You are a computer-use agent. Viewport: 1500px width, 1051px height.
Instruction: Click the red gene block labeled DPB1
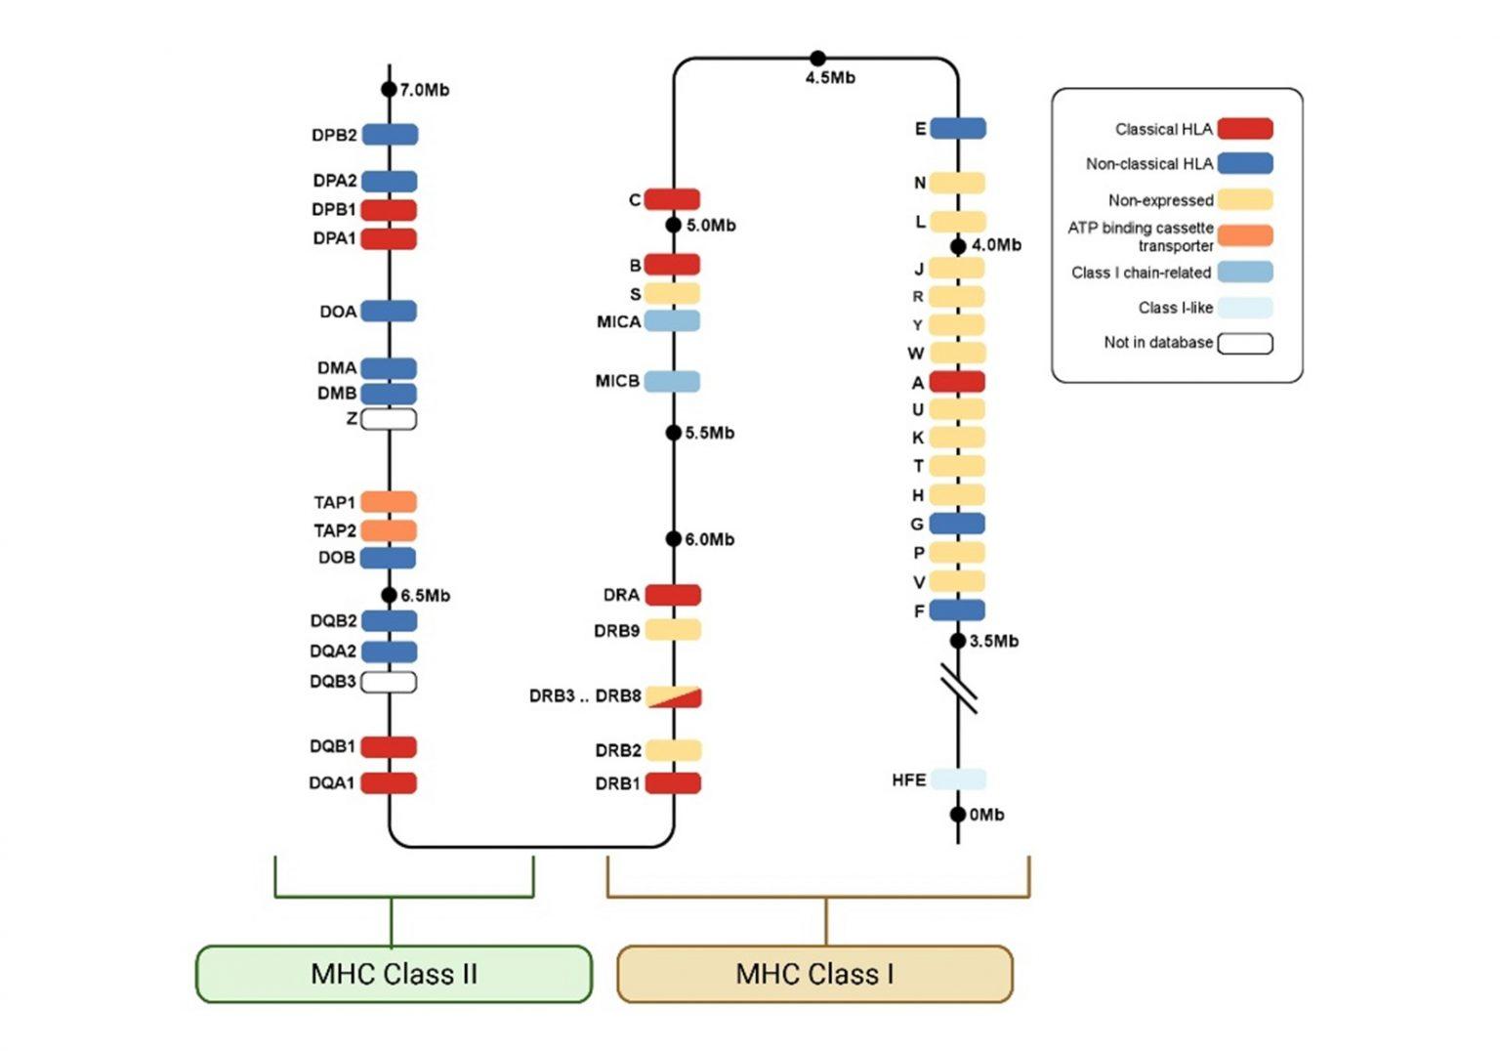click(389, 210)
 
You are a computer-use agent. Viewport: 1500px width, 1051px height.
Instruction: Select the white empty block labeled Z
click(389, 419)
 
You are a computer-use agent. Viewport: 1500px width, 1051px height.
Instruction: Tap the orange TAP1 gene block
click(389, 502)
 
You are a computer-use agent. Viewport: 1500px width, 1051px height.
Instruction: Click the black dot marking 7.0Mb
click(389, 90)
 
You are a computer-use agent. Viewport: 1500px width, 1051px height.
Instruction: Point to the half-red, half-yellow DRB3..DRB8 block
click(673, 696)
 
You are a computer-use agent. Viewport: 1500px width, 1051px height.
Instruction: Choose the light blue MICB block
click(672, 381)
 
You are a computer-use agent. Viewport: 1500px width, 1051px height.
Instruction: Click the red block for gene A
click(957, 382)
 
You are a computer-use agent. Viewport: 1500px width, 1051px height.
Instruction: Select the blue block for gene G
click(957, 524)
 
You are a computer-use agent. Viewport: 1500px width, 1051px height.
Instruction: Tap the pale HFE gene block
click(957, 779)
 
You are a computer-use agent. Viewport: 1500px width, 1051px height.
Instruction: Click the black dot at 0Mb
click(958, 815)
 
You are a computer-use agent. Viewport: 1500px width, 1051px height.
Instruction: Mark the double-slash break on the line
click(959, 688)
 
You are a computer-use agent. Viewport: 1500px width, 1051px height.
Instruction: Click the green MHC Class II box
click(394, 974)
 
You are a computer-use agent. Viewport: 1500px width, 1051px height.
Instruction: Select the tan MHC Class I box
click(814, 974)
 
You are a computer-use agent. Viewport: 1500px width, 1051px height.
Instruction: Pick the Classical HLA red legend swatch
click(1245, 129)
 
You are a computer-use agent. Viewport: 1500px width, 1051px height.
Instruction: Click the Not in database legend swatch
click(1245, 343)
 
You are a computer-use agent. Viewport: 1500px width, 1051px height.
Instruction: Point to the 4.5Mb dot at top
click(818, 59)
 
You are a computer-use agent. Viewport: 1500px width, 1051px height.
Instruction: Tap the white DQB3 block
click(389, 682)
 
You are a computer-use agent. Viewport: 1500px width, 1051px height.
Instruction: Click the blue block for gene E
click(957, 128)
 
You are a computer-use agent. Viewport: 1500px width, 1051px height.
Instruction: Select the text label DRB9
click(616, 631)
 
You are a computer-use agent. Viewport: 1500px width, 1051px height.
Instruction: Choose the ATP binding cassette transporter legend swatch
click(1245, 235)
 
